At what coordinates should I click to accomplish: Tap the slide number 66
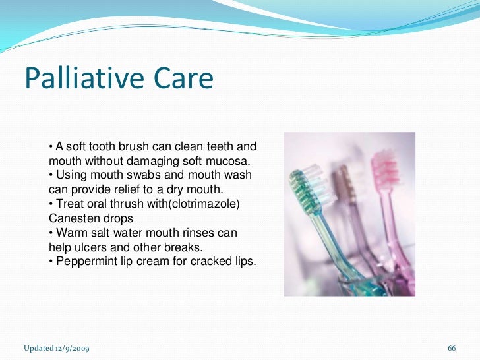[x=452, y=347]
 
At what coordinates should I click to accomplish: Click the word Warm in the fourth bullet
[x=71, y=233]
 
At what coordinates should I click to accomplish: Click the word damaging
[x=165, y=160]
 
